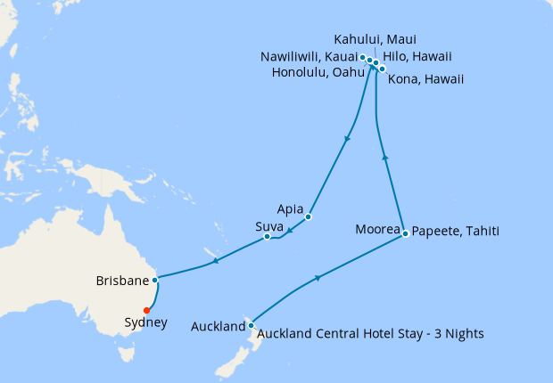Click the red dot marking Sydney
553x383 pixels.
[x=147, y=310]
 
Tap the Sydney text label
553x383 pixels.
[x=145, y=323]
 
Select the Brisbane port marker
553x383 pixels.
[x=155, y=280]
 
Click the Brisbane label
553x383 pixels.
[x=121, y=281]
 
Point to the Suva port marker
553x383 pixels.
[x=268, y=236]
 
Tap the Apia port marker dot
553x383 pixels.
[x=309, y=216]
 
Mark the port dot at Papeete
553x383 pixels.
[x=406, y=233]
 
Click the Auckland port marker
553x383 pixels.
[x=251, y=325]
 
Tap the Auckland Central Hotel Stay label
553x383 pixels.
[x=370, y=334]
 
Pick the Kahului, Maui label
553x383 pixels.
[x=375, y=40]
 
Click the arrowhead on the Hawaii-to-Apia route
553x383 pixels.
[x=346, y=139]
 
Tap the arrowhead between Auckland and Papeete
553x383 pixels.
[x=318, y=279]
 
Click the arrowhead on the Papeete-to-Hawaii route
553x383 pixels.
[x=385, y=157]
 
